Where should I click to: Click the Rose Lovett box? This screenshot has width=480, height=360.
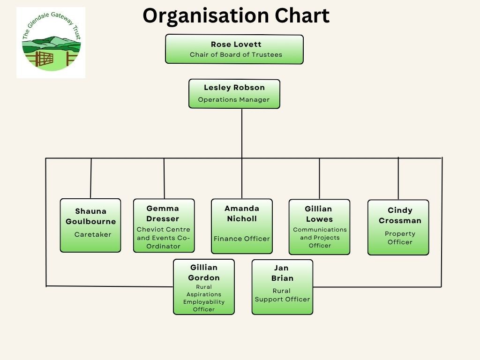tap(234, 49)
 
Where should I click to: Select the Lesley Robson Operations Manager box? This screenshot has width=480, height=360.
tap(234, 94)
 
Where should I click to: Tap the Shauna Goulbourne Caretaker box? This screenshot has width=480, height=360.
tap(90, 225)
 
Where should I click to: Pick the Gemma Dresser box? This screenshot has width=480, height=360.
tap(164, 225)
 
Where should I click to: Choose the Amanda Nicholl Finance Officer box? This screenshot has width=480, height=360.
tap(242, 226)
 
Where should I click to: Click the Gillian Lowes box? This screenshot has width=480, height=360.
tap(319, 227)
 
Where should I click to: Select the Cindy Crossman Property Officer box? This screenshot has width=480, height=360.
tap(398, 227)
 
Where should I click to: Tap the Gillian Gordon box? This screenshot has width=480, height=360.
tap(204, 287)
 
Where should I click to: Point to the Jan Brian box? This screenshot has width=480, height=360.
tap(282, 287)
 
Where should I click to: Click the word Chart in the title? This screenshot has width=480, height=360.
tap(302, 15)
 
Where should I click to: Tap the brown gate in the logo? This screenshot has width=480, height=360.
tap(45, 59)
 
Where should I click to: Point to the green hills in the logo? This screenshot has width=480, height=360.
tap(52, 45)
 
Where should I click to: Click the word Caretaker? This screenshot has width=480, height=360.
tap(93, 234)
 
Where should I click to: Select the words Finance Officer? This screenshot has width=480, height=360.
tap(242, 239)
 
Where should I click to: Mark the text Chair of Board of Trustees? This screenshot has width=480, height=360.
tap(236, 54)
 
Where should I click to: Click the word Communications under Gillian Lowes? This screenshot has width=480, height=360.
tap(320, 230)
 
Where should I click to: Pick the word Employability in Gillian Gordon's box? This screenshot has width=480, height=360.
tap(204, 302)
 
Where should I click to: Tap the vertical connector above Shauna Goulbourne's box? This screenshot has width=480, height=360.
tap(91, 178)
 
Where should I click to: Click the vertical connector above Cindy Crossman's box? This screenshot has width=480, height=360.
tap(398, 179)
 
